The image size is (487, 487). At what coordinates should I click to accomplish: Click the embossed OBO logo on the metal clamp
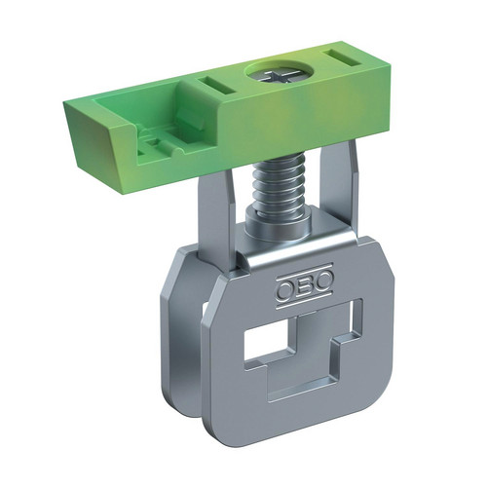(x=305, y=285)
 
